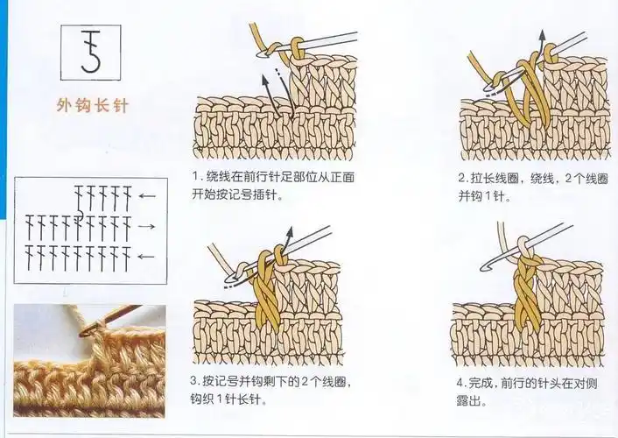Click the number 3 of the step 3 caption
195,383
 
